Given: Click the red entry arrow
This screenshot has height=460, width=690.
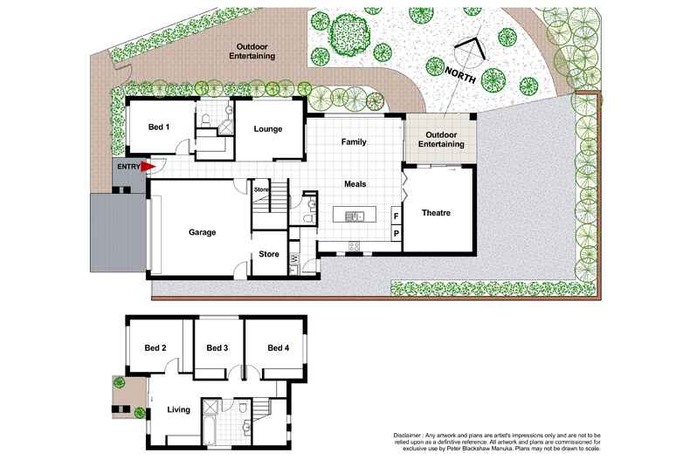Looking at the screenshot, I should tap(148, 166).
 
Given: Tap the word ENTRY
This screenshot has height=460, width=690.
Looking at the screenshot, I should tap(128, 166).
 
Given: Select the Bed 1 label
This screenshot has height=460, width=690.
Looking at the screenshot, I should tap(159, 127).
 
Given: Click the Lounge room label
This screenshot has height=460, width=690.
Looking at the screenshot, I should tap(268, 128).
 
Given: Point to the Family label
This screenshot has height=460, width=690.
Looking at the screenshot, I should tap(354, 141).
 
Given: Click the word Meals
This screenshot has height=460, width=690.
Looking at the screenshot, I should tap(354, 184).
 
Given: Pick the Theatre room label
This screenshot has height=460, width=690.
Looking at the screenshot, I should tap(436, 213).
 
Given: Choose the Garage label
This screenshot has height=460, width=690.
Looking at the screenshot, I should tap(202, 232).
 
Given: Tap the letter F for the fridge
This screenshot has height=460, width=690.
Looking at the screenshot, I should tap(396, 216).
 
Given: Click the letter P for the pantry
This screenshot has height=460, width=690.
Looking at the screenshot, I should tap(396, 233).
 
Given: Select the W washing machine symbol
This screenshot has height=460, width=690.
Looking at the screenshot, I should tap(294, 257).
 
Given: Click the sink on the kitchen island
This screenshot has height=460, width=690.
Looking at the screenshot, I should tap(355, 216).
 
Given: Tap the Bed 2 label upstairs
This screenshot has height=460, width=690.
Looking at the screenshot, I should tap(155, 347).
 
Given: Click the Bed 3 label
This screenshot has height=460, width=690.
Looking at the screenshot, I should tap(217, 347).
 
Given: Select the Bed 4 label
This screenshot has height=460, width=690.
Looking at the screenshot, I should tap(278, 347).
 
